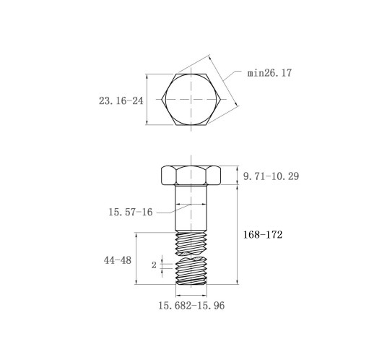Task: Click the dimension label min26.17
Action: pyautogui.click(x=269, y=73)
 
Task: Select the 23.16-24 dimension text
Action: pyautogui.click(x=121, y=100)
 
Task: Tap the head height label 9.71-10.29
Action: pyautogui.click(x=271, y=176)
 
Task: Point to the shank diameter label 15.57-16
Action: pyautogui.click(x=131, y=212)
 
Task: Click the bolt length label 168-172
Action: pyautogui.click(x=263, y=234)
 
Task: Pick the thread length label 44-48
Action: pyautogui.click(x=118, y=260)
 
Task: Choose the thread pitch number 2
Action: pyautogui.click(x=154, y=265)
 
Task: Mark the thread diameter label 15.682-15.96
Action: pyautogui.click(x=191, y=306)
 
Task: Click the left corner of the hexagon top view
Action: pyautogui.click(x=162, y=99)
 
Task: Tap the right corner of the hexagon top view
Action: pyautogui.click(x=221, y=99)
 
